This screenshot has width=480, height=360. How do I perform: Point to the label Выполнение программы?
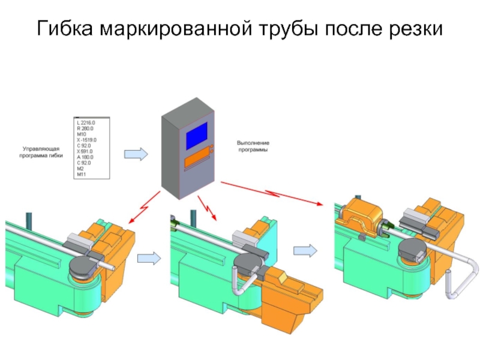coord(253,146)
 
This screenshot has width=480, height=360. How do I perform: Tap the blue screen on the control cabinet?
coord(197,136)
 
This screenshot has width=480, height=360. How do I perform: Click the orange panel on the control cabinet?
coord(196,161)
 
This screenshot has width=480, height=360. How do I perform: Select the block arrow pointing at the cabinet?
coord(135,154)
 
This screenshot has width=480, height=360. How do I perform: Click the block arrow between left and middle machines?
coord(149,259)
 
